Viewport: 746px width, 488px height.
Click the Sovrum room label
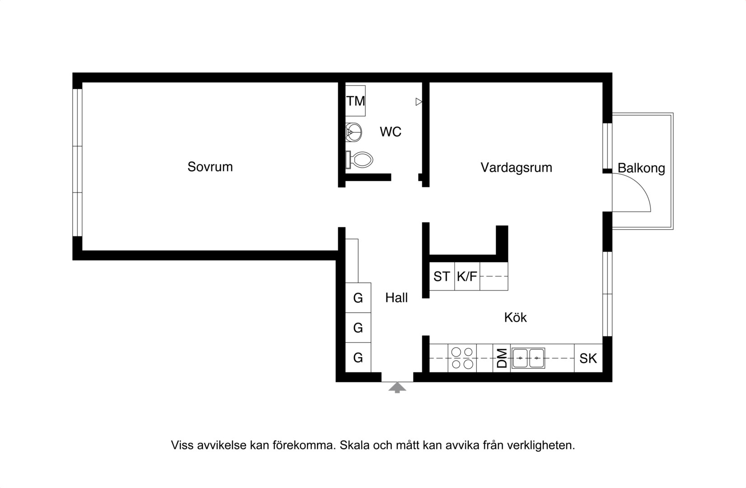point(210,167)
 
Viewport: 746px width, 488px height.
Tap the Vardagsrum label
point(516,168)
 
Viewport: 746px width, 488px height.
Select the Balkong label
point(641,168)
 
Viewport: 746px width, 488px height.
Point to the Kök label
point(515,318)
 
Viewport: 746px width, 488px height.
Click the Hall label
point(396,298)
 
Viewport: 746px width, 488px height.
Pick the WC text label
point(390,132)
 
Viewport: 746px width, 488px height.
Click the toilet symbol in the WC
point(359,160)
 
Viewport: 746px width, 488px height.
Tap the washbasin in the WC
point(354,132)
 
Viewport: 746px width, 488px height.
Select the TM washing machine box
point(355,101)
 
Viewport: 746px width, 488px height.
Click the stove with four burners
point(462,358)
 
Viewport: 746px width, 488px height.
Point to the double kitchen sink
point(528,358)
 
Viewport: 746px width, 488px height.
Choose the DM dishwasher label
point(502,358)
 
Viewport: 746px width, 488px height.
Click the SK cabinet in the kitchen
point(588,358)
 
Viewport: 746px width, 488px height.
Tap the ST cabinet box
point(442,276)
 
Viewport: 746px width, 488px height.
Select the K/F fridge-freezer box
point(467,276)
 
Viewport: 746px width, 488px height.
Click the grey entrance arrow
point(397,388)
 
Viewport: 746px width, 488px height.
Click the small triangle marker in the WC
point(419,102)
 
